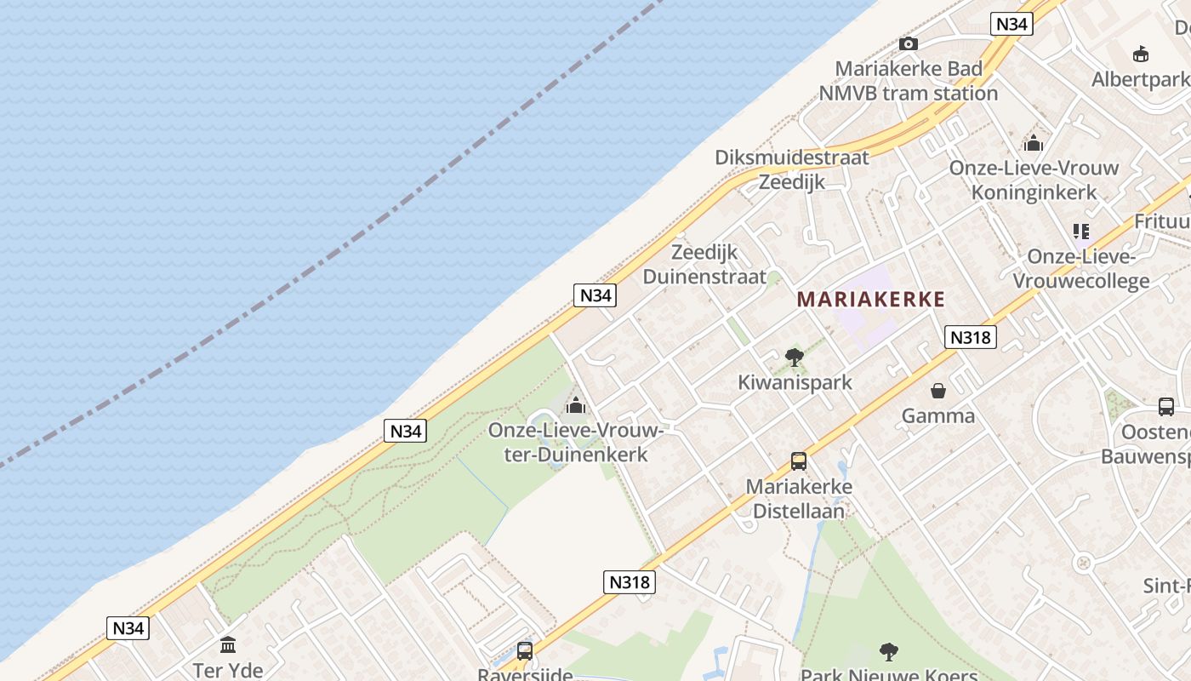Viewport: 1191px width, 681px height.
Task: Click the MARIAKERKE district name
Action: click(x=871, y=300)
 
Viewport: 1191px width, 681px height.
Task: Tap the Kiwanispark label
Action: click(x=795, y=382)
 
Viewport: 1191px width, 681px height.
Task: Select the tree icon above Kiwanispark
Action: click(x=795, y=357)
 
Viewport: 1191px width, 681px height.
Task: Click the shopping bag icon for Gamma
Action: click(x=938, y=391)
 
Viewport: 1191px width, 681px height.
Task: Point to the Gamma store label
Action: click(x=938, y=416)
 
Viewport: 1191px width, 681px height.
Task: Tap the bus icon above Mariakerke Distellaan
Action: click(x=799, y=461)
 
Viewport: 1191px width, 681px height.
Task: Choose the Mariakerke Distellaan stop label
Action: click(x=799, y=499)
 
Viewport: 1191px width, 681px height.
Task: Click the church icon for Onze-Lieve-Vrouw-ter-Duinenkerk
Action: click(x=576, y=405)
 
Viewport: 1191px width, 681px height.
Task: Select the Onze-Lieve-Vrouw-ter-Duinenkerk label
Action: click(x=576, y=443)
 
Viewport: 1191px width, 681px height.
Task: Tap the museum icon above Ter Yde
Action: click(x=228, y=644)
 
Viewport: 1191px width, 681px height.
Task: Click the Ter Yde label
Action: click(x=228, y=670)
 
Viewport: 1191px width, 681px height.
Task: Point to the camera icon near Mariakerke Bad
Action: click(x=909, y=43)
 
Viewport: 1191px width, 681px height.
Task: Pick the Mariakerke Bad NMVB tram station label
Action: click(x=909, y=81)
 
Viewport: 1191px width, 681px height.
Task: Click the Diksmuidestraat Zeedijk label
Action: click(x=792, y=169)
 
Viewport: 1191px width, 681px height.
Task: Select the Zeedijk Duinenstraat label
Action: click(x=704, y=265)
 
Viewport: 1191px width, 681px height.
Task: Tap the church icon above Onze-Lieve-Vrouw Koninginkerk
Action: click(x=1034, y=143)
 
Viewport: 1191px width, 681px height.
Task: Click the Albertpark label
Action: click(x=1140, y=80)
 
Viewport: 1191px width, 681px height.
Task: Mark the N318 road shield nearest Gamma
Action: click(x=970, y=337)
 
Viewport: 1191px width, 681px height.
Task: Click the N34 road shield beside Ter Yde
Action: click(x=128, y=628)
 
